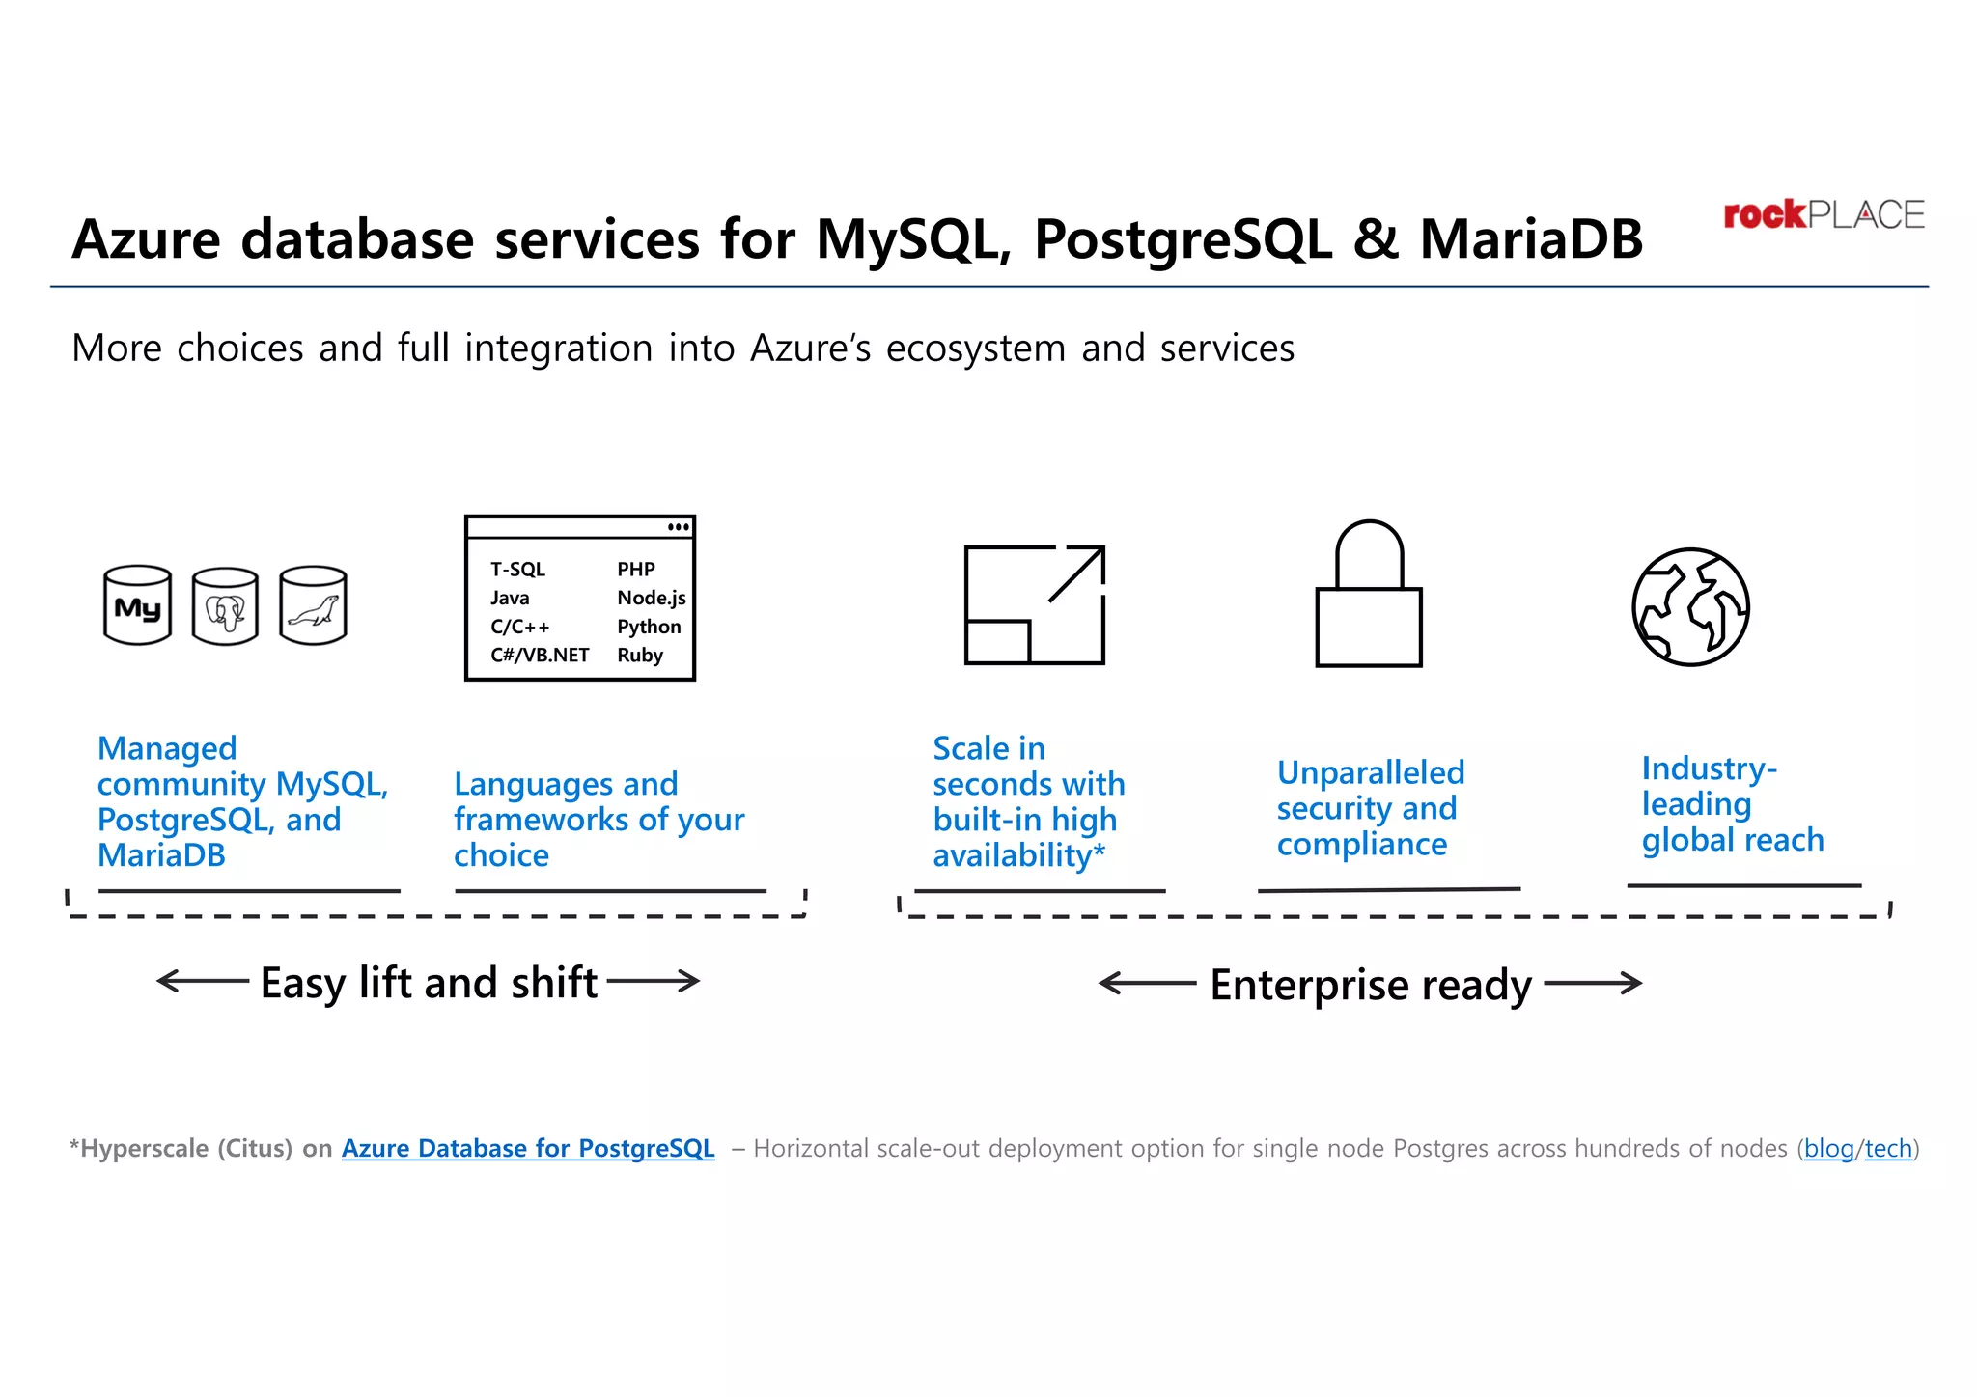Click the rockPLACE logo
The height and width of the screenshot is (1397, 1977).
click(1823, 214)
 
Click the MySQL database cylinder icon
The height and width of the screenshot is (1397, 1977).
click(138, 605)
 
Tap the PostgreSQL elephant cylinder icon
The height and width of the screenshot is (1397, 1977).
click(225, 607)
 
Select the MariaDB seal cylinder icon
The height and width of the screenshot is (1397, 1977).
click(313, 605)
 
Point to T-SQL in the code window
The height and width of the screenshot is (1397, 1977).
click(517, 570)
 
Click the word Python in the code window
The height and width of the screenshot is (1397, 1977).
click(649, 627)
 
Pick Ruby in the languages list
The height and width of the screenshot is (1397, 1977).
click(640, 655)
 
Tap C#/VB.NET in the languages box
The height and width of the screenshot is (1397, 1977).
click(540, 655)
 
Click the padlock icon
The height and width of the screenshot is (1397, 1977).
click(1369, 596)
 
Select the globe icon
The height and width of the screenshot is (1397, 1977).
click(1690, 607)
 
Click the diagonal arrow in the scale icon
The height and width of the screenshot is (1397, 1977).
click(1075, 574)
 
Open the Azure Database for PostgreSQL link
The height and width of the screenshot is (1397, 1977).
click(528, 1148)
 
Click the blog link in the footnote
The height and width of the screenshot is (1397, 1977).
click(1828, 1148)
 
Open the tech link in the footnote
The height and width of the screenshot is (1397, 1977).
click(1888, 1148)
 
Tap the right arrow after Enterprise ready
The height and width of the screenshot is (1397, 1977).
click(1593, 984)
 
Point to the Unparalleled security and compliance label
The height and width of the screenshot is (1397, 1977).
click(1369, 808)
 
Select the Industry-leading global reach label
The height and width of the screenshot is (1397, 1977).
click(1732, 804)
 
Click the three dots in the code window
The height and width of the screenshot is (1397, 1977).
click(679, 527)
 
